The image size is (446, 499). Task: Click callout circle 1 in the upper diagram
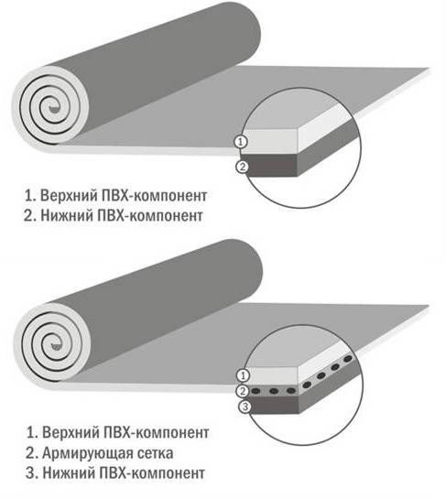pos(241,142)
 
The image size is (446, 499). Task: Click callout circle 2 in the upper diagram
pos(242,167)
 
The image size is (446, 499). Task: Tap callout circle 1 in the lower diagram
pos(243,375)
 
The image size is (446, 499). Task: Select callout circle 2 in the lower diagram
pos(243,391)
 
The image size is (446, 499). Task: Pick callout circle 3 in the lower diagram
pos(245,407)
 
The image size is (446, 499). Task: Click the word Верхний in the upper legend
pos(69,196)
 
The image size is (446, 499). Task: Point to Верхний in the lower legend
pos(71,433)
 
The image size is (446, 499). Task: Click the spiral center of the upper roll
pos(52,108)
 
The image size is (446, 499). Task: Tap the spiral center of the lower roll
pos(54,345)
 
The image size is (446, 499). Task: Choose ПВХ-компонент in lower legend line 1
pos(157,433)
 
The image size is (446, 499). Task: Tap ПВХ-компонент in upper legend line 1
pos(155,196)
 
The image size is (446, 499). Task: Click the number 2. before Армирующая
pos(32,453)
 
